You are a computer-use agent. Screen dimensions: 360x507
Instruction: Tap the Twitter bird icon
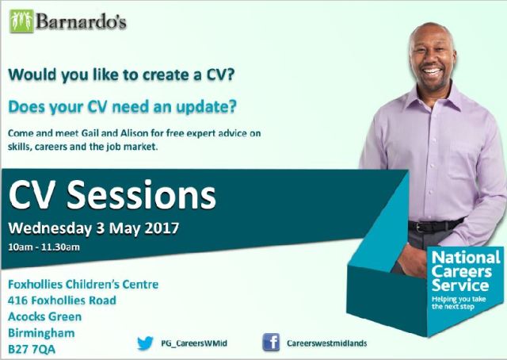coord(145,343)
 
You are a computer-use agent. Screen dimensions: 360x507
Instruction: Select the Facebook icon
coord(270,343)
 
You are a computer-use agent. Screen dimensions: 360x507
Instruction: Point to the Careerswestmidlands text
coord(326,343)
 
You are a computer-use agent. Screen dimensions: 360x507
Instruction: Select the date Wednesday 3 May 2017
coord(93,228)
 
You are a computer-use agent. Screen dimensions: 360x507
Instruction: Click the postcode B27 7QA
coord(32,347)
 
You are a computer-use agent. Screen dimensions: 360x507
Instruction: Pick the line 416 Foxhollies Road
coord(62,300)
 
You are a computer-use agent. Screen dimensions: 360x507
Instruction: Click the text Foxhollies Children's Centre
coord(83,284)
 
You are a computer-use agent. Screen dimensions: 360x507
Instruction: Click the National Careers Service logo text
coord(466,270)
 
